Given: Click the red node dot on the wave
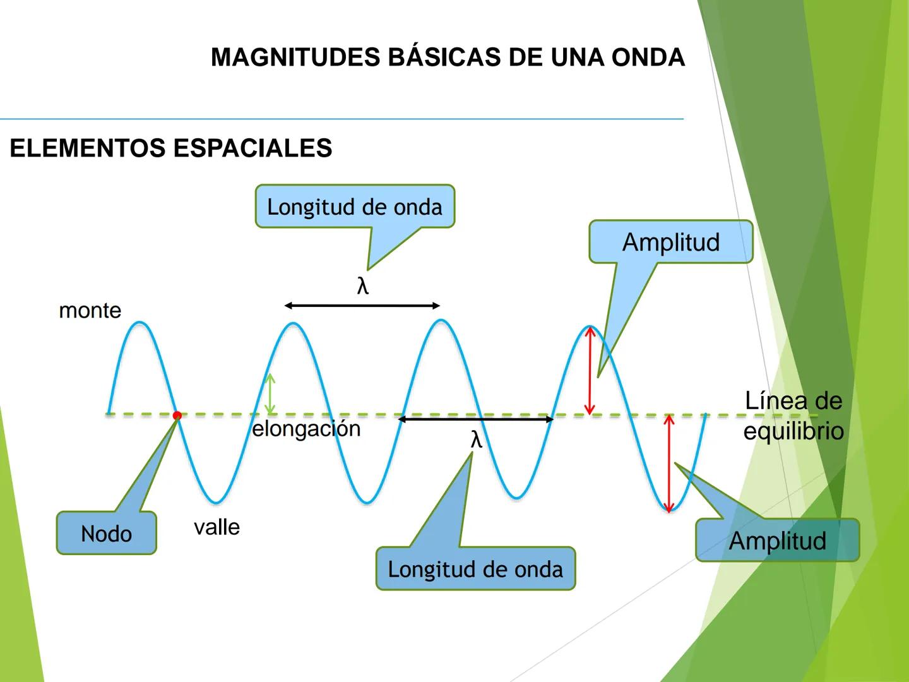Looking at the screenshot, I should pos(177,416).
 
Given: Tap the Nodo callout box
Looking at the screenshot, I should pos(106,534).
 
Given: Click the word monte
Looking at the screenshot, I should pos(90,311).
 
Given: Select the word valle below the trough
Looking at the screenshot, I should pos(217,527).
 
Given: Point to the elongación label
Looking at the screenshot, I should pos(306,429).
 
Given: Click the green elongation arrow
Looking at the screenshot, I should pos(270,394).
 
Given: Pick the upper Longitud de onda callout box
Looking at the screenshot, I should pos(355,206).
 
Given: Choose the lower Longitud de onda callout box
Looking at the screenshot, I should pos(475,569).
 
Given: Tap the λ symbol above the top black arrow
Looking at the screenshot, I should pos(362,287).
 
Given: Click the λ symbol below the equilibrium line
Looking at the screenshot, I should pos(477,440).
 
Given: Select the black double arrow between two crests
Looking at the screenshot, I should pos(362,306).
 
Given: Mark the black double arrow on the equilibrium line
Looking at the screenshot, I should pos(475,419).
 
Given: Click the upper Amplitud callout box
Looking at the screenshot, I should pos(671,242).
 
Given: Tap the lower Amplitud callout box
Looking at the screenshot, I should pos(777,541).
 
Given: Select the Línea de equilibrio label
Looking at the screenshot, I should pos(793,416).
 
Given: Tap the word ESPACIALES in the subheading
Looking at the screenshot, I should pos(252,148).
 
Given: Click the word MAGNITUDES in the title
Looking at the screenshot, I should pos(295,57).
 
